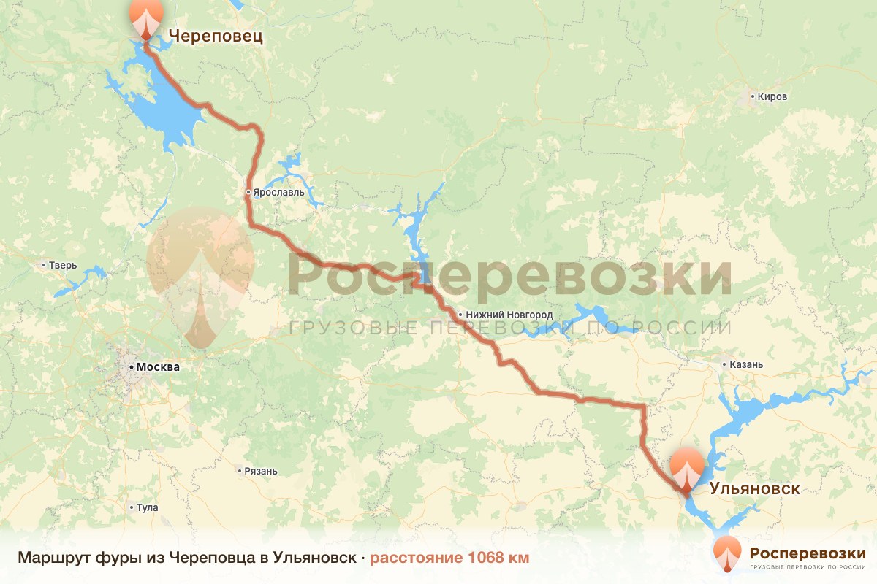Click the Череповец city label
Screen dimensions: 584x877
pos(216,36)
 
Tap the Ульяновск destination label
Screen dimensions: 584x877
pos(755,488)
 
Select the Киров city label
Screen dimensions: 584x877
pos(772,96)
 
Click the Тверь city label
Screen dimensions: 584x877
pos(63,265)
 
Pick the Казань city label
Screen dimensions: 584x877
pos(746,364)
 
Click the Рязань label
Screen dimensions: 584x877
pos(262,471)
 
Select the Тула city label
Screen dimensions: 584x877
pos(147,507)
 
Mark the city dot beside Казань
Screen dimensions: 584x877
pos(724,364)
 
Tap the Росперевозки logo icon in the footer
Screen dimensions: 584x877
pos(727,553)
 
